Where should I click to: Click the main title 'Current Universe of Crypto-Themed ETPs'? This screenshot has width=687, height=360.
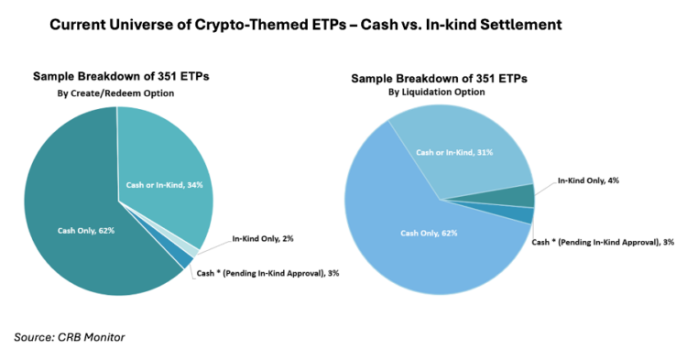[x=220, y=25]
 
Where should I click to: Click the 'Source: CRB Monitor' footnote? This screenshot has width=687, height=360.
[x=69, y=337]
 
